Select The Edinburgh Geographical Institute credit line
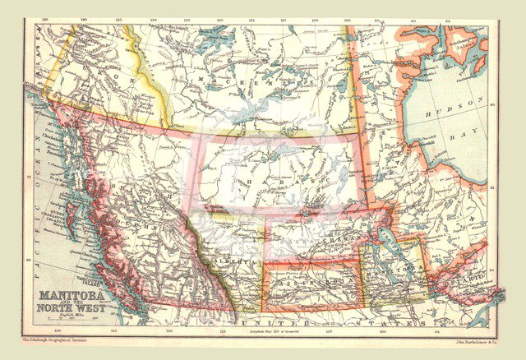point(58,338)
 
